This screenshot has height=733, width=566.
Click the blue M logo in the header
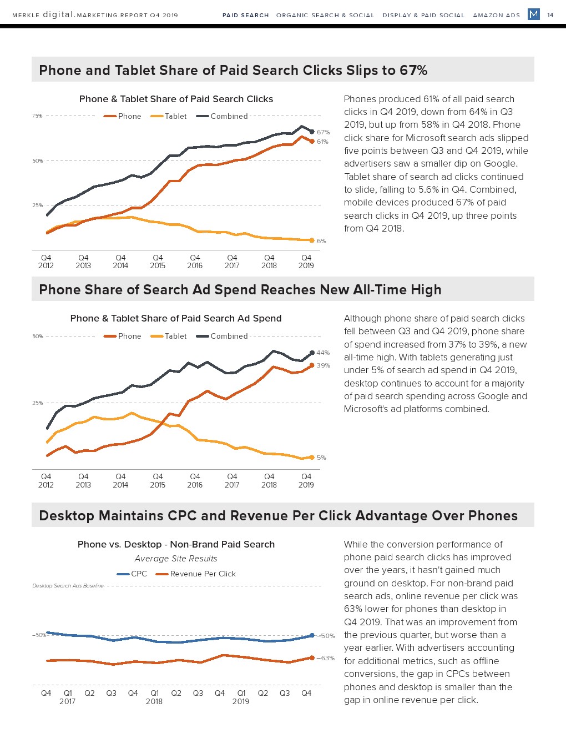click(x=534, y=14)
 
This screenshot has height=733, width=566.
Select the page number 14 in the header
click(x=550, y=15)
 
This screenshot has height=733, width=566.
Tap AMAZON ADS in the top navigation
click(x=496, y=15)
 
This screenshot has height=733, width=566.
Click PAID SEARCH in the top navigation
click(x=245, y=15)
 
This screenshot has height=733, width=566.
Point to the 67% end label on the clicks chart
click(x=323, y=132)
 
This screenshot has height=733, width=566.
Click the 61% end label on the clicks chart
click(x=322, y=142)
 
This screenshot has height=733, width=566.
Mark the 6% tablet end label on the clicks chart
click(x=321, y=241)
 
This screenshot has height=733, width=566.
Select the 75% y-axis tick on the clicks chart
click(x=37, y=116)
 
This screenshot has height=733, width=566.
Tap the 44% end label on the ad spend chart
click(x=323, y=353)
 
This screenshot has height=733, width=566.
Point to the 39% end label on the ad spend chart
click(x=323, y=365)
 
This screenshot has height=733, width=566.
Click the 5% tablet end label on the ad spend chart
click(x=321, y=458)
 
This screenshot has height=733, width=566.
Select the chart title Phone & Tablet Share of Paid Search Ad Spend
click(x=176, y=318)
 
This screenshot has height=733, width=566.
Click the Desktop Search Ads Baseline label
click(x=68, y=585)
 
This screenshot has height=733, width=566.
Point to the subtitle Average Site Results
click(x=176, y=559)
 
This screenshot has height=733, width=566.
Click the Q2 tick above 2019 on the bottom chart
click(x=263, y=693)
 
